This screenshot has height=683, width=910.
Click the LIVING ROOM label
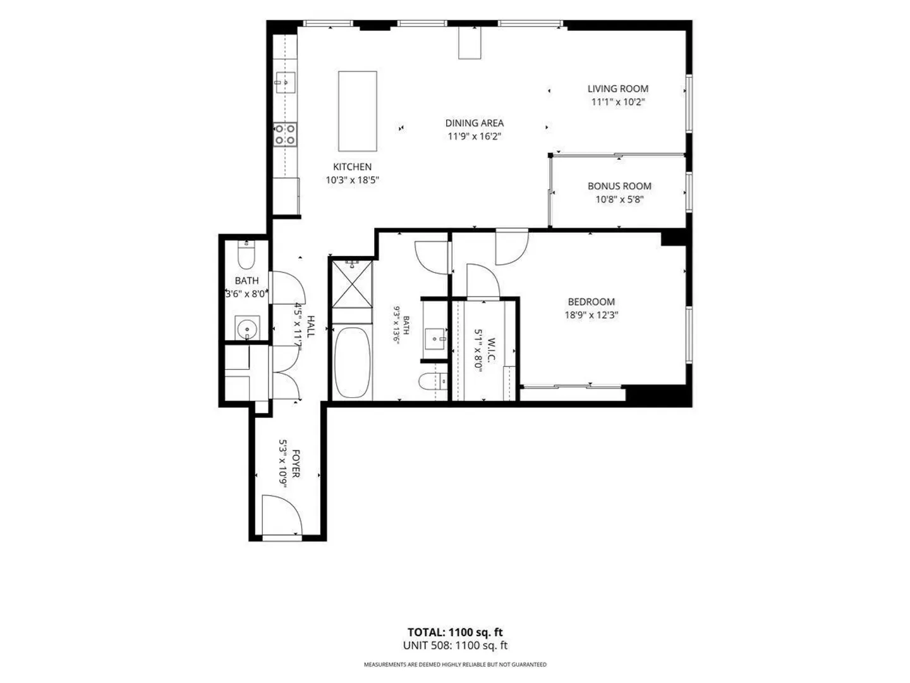click(x=617, y=89)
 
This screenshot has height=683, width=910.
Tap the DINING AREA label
click(x=475, y=123)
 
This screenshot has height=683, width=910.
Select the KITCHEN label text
click(x=352, y=167)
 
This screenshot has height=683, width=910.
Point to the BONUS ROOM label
click(x=619, y=186)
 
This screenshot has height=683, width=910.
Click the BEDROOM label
click(x=591, y=302)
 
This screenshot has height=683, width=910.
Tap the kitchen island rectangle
click(x=358, y=111)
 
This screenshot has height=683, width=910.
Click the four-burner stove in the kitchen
click(x=285, y=134)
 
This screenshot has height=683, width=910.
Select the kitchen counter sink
click(x=286, y=82)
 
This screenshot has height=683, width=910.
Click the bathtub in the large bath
click(x=352, y=362)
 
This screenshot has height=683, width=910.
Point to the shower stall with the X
click(x=352, y=284)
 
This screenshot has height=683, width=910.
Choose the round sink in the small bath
click(x=247, y=328)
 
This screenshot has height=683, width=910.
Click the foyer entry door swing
click(x=282, y=515)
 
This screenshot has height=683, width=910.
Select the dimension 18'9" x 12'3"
click(x=591, y=315)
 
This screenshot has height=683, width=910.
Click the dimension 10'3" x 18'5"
click(x=352, y=180)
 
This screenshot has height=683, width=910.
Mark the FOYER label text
click(x=296, y=463)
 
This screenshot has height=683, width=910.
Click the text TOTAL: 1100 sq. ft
click(x=455, y=632)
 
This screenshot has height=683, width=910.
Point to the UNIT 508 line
click(x=455, y=645)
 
